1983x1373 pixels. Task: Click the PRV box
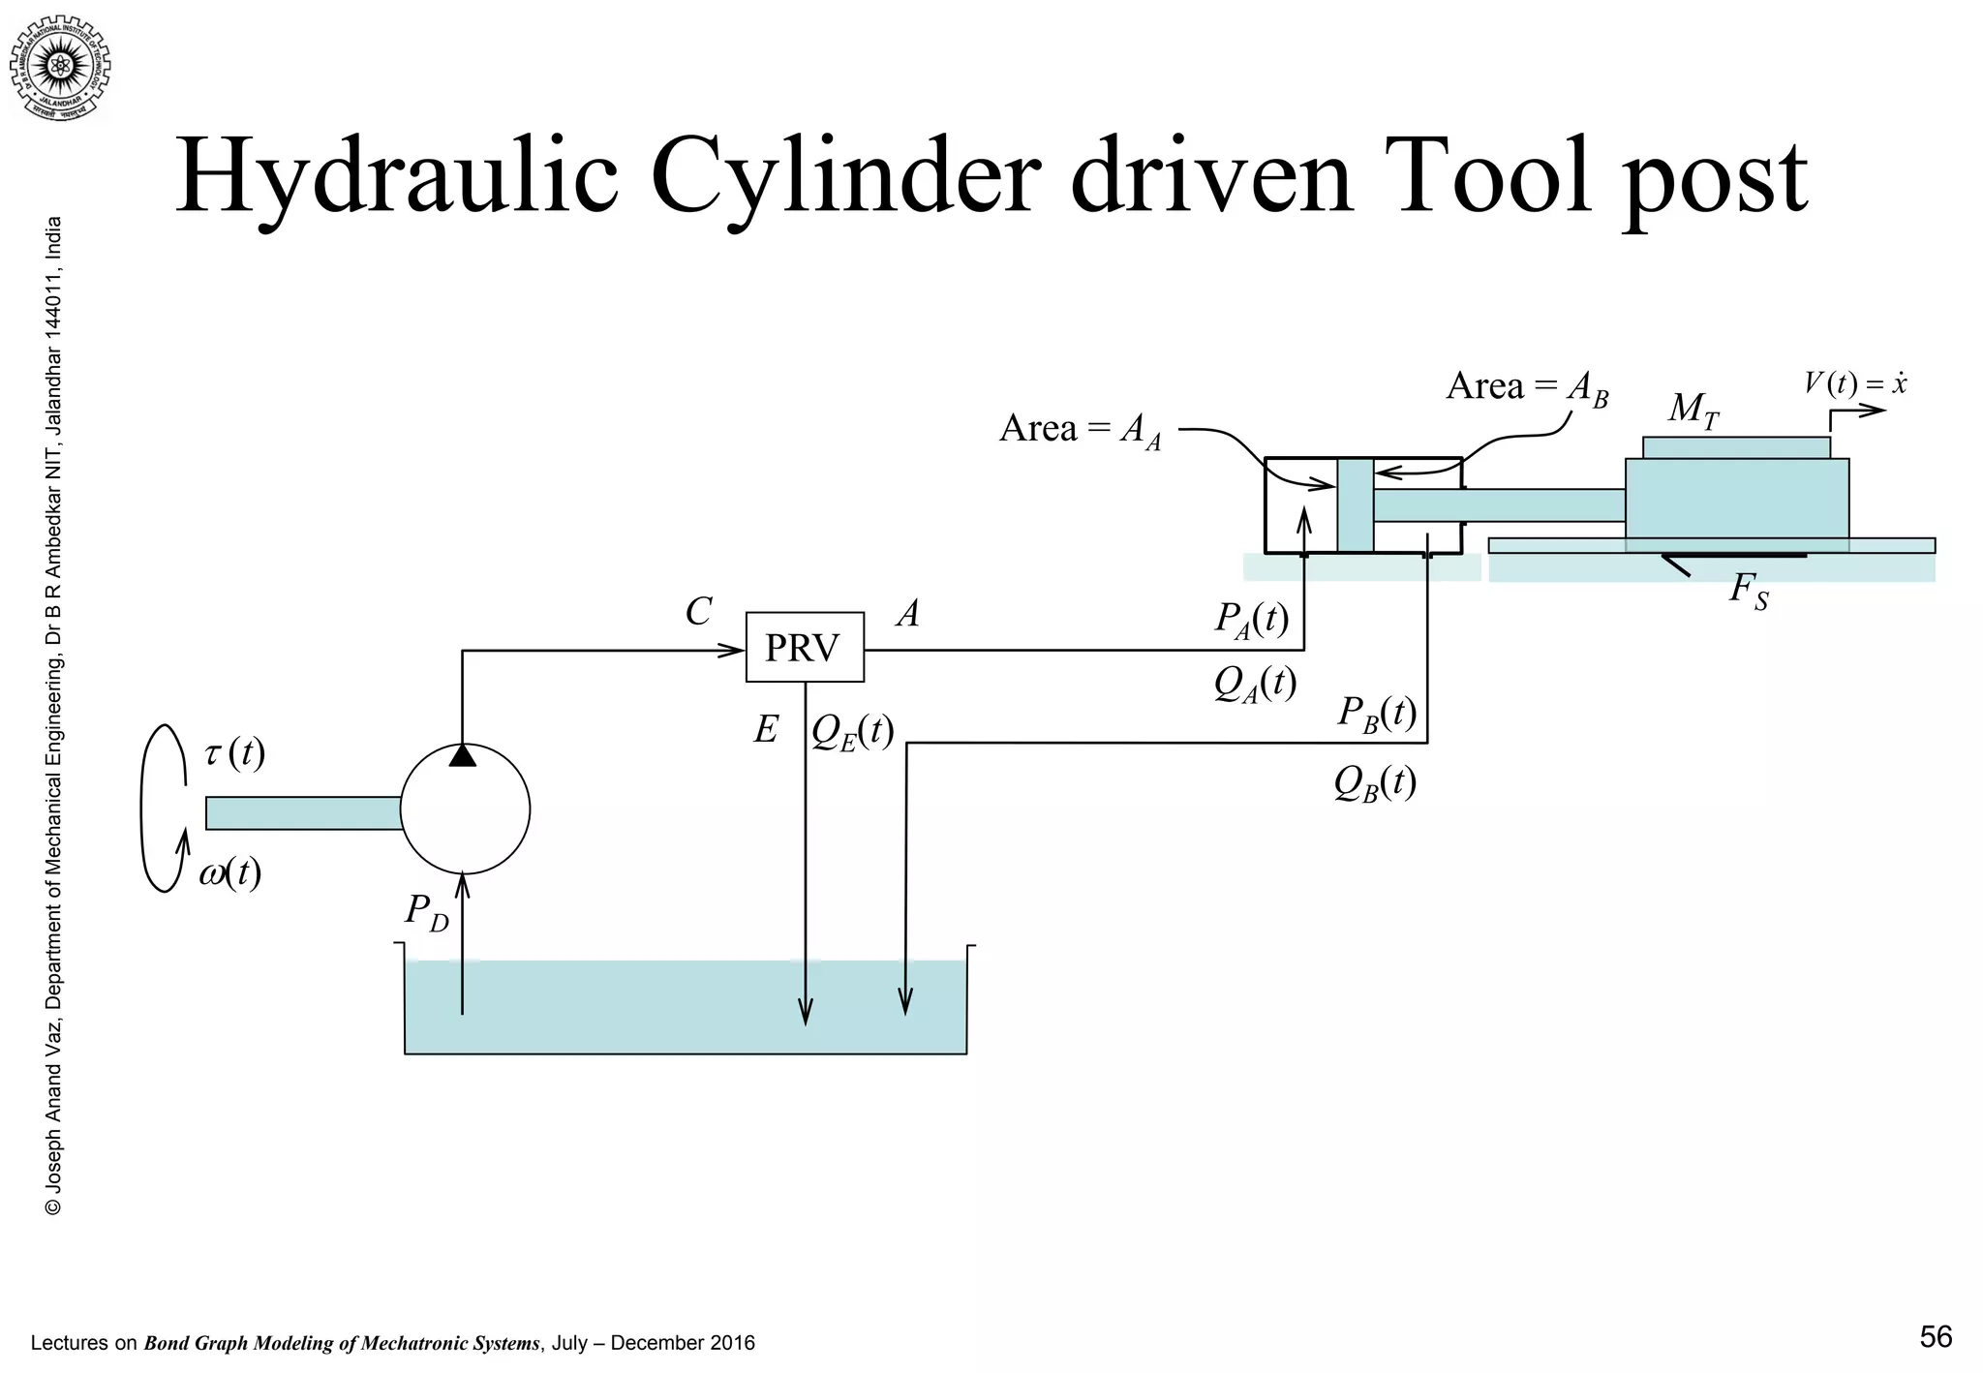pos(804,647)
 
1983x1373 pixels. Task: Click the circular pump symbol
pos(465,809)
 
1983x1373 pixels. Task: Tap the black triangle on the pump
pos(463,755)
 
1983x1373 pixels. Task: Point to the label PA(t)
pos(1252,619)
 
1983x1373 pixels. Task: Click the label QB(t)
pos(1374,782)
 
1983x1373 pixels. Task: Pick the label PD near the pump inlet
pos(426,912)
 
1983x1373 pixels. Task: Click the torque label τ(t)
pos(234,752)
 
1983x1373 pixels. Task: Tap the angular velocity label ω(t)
pos(230,873)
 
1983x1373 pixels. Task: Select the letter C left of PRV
pos(698,612)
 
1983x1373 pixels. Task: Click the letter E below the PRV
pos(766,730)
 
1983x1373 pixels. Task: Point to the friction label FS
pos(1749,591)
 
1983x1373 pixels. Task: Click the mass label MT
pos(1693,411)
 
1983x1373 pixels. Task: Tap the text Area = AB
pos(1526,387)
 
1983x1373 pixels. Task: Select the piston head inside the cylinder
pos(1355,504)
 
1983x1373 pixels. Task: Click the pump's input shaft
pos(303,812)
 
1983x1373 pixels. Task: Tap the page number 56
pos(1936,1337)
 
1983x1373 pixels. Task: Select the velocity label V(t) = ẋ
pos(1854,384)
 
